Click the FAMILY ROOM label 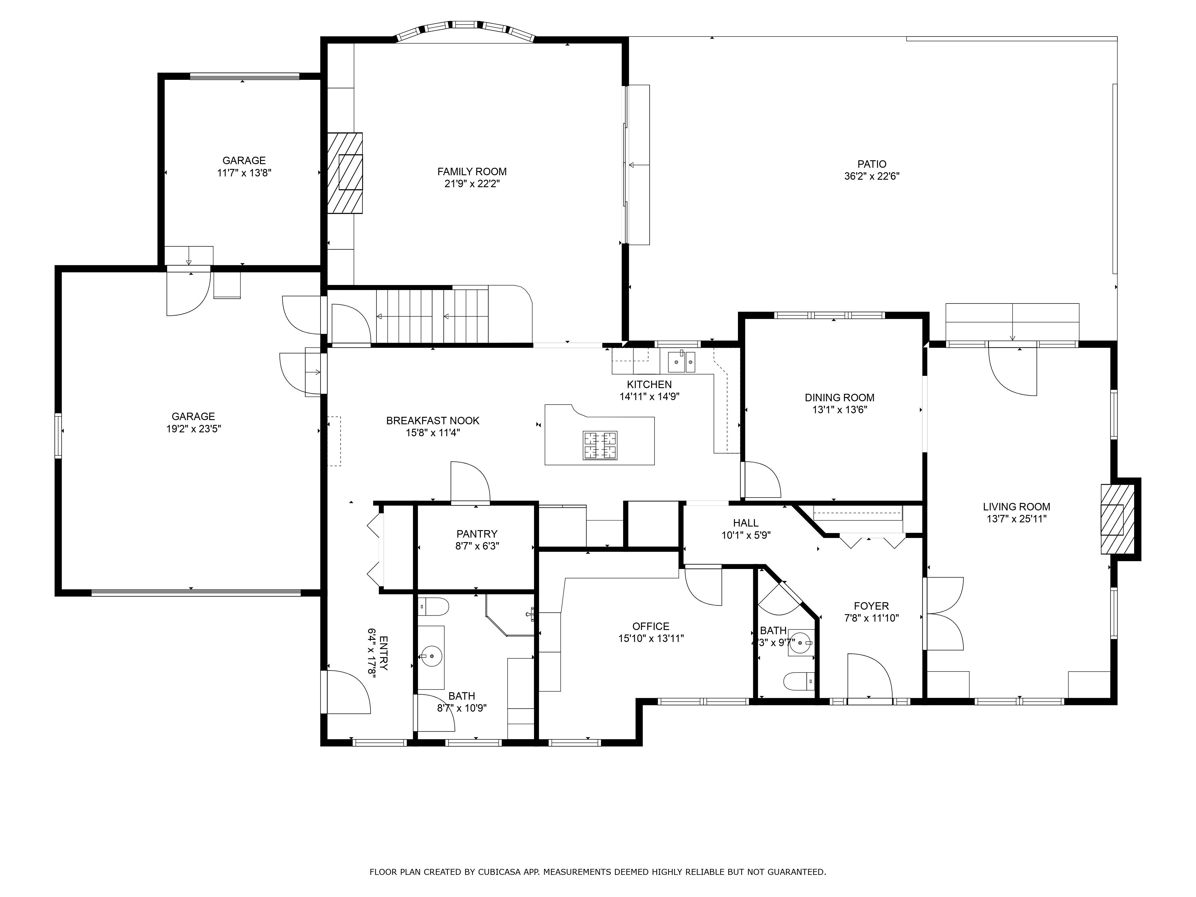472,171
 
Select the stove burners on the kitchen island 600,446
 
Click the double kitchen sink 681,362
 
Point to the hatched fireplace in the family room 345,173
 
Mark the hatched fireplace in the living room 1118,519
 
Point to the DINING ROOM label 840,397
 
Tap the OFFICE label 651,626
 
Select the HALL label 746,523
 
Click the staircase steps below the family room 433,316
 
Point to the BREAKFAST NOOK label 433,421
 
